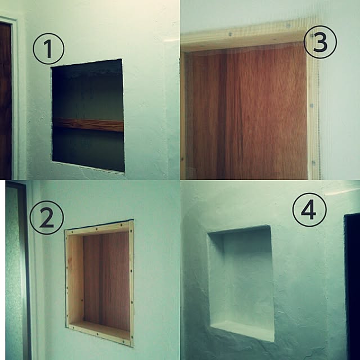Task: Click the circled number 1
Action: [48, 49]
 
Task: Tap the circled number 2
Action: [47, 218]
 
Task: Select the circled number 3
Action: [320, 42]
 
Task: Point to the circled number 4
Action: [309, 210]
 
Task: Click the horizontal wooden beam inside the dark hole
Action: [88, 124]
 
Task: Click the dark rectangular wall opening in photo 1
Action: [88, 115]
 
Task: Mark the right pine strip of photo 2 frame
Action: [132, 283]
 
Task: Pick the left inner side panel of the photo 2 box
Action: [76, 279]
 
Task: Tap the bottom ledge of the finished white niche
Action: [242, 330]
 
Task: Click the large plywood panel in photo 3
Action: [247, 112]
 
